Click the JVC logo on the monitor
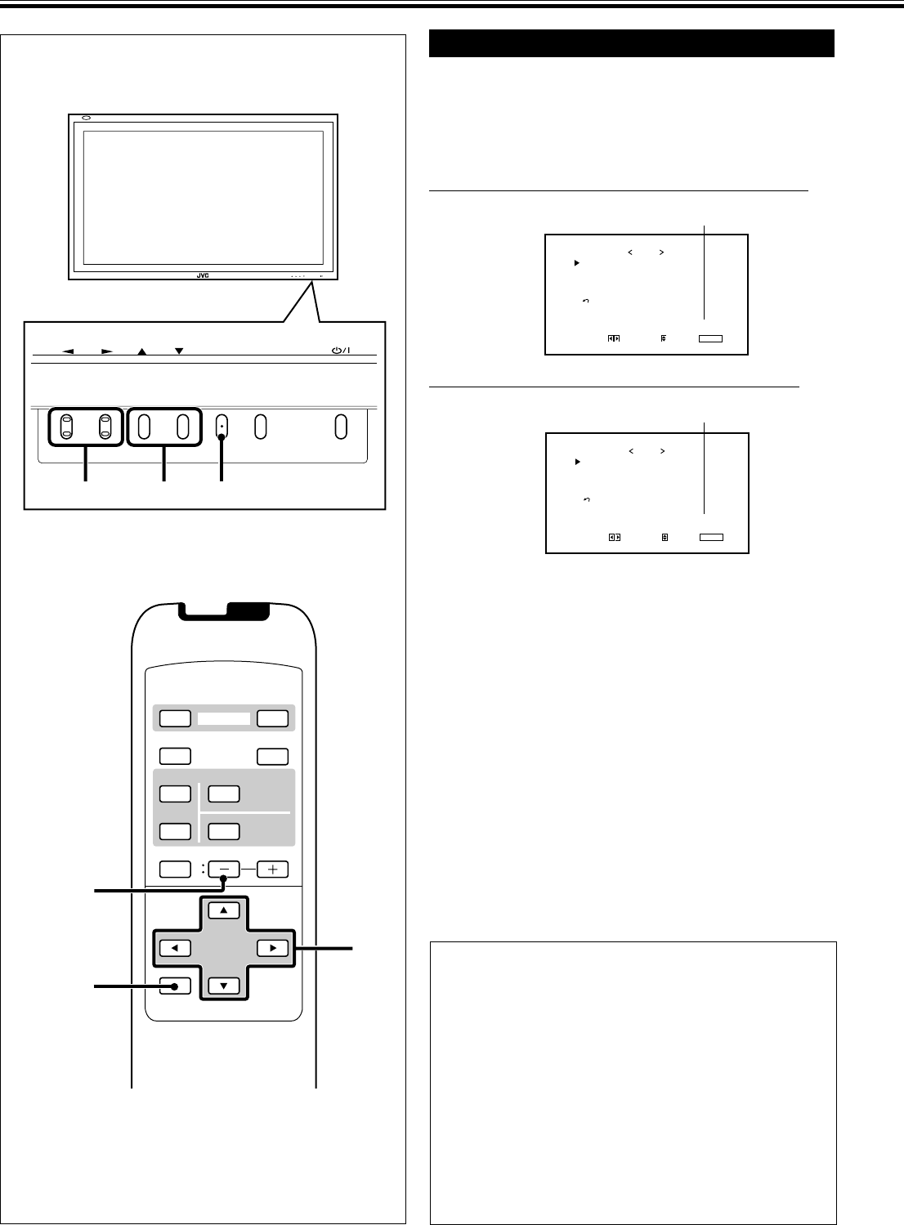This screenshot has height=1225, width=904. pos(203,275)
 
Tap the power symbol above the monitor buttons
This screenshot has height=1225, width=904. pos(341,351)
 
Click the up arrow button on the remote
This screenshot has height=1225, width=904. pos(223,910)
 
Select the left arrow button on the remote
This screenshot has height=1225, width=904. pos(175,949)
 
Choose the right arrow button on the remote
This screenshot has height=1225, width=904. pos(272,949)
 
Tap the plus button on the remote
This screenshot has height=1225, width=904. pos(272,870)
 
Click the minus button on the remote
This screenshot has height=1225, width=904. pos(223,870)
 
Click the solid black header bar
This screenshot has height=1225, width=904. pos(631,43)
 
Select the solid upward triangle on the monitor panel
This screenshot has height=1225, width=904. pos(142,351)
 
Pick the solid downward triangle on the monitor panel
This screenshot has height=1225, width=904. pos(179,351)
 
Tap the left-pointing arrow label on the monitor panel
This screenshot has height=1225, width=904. pos(69,351)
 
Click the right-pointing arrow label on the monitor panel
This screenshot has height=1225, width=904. pos(106,351)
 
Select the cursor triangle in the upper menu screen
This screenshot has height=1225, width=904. pos(576,263)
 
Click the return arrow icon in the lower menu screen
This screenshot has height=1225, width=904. pos(587,499)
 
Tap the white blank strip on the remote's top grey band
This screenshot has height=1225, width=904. pos(224,719)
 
